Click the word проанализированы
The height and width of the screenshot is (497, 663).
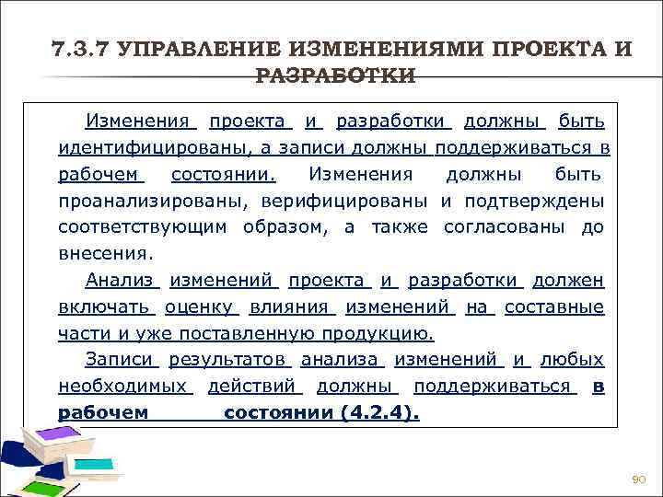pyautogui.click(x=145, y=201)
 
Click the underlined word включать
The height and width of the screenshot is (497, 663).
pyautogui.click(x=104, y=306)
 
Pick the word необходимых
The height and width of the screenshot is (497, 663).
pyautogui.click(x=122, y=387)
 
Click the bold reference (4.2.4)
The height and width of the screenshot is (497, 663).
pyautogui.click(x=378, y=413)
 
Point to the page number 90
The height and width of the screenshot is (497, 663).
pyautogui.click(x=639, y=480)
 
